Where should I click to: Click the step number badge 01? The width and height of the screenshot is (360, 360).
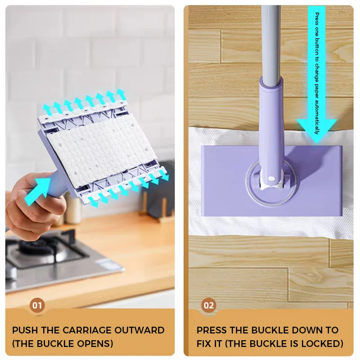pos(37,306)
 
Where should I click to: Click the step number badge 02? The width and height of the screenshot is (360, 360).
pos(208,306)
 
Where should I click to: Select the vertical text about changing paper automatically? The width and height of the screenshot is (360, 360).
pos(317,72)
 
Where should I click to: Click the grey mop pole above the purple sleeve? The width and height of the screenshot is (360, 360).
pos(271,40)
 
